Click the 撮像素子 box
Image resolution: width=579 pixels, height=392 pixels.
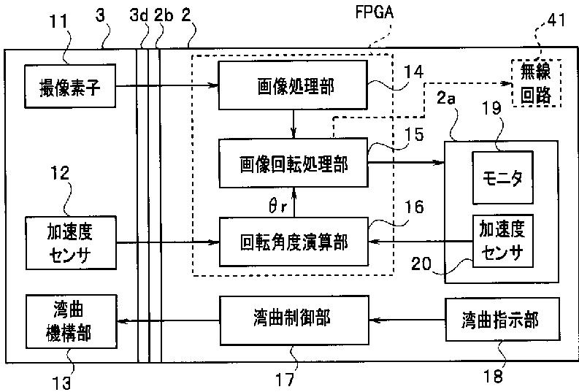coord(70,86)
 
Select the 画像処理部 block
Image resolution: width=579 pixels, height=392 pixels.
coord(293,85)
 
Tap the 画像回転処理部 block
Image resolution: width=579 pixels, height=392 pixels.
coord(294,163)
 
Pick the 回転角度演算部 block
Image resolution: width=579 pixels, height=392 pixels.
coord(294,242)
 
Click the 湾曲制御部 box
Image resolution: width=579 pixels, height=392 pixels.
coord(294,320)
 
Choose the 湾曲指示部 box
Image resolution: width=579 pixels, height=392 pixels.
coord(502,320)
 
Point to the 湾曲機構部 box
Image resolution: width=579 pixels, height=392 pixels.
coord(72,321)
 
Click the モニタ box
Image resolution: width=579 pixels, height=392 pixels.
coord(503,177)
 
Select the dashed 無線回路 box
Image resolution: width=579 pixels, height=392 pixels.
coord(536,83)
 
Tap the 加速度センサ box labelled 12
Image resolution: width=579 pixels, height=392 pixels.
coord(71,242)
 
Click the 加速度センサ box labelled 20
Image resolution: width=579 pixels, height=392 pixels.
coord(503,241)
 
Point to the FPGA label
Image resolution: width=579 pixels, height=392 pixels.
coord(375,12)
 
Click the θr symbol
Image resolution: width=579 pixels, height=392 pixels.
coord(277,206)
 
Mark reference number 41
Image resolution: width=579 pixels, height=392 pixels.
coord(556,20)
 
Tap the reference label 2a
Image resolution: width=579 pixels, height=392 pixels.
coord(446,99)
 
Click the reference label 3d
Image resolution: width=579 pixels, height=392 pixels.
coord(139,15)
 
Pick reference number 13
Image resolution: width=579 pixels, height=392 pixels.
coord(61,383)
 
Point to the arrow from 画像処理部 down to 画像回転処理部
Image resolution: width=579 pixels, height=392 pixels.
coord(294,124)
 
